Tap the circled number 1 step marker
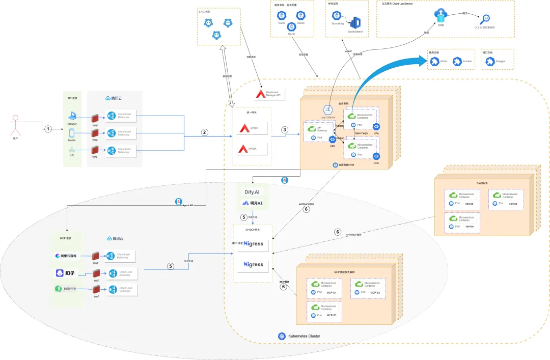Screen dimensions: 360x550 coord(48,129)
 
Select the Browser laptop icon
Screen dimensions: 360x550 coord(72,116)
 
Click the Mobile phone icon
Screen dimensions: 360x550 coord(72,133)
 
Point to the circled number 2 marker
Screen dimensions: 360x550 coord(205,132)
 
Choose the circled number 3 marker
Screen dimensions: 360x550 coord(285,130)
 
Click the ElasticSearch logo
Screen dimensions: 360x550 coord(355,23)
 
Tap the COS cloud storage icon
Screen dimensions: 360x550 coord(441,15)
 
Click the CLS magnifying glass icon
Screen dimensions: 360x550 coord(485,19)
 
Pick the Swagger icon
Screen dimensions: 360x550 coord(490,62)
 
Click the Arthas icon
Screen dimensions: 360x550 coord(434,62)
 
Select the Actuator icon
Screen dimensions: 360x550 coord(457,62)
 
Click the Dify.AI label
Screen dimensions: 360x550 coord(253,192)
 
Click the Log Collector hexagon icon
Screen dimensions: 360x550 coord(328,110)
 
